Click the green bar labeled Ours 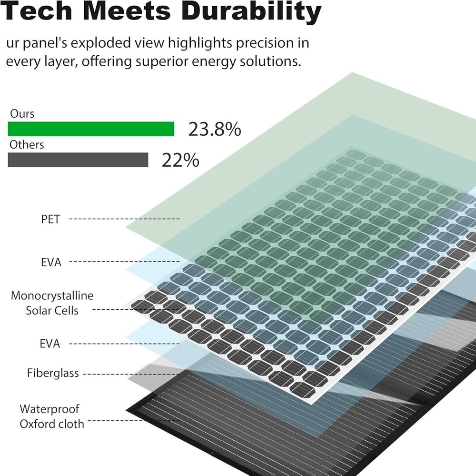click(x=91, y=129)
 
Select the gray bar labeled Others click(x=78, y=160)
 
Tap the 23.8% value click(x=215, y=129)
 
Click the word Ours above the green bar click(x=22, y=114)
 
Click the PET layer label click(x=50, y=220)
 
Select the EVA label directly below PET click(x=51, y=262)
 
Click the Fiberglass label click(x=53, y=373)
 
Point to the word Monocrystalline click(x=52, y=295)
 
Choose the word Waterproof click(x=50, y=409)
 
